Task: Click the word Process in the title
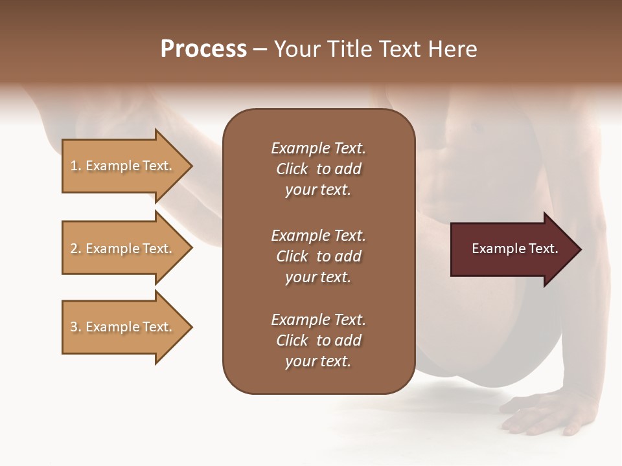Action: click(203, 49)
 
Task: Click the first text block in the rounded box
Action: click(318, 169)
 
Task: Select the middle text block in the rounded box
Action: click(318, 256)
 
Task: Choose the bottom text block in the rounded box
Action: click(318, 340)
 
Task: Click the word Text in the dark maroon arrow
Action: click(544, 249)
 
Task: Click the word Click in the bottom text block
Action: click(292, 340)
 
